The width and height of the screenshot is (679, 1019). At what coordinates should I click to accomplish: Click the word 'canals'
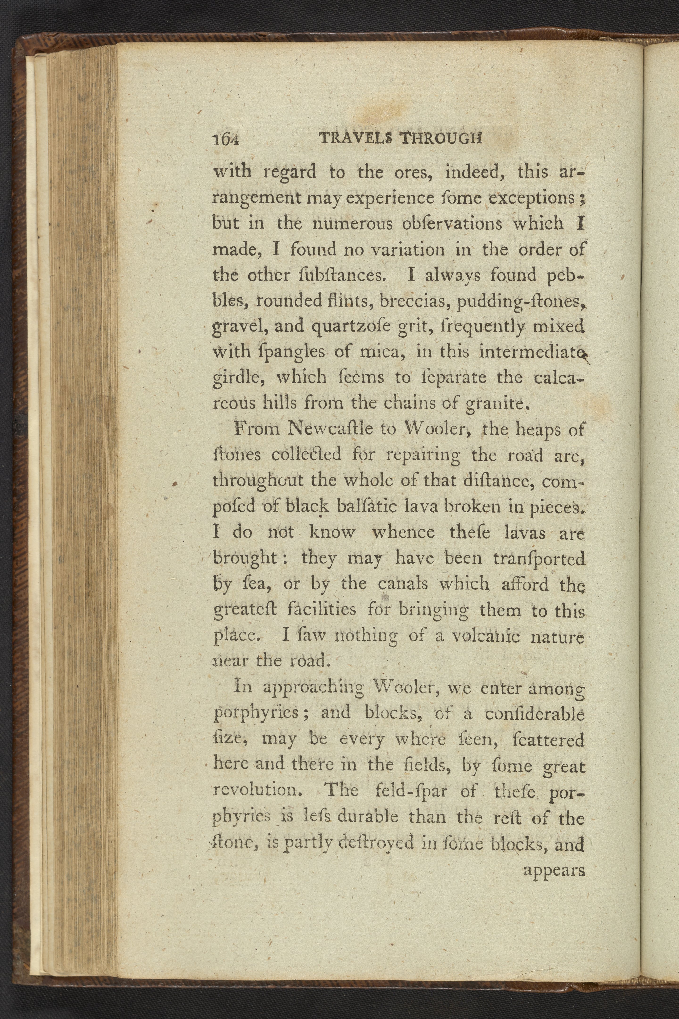pyautogui.click(x=403, y=584)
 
